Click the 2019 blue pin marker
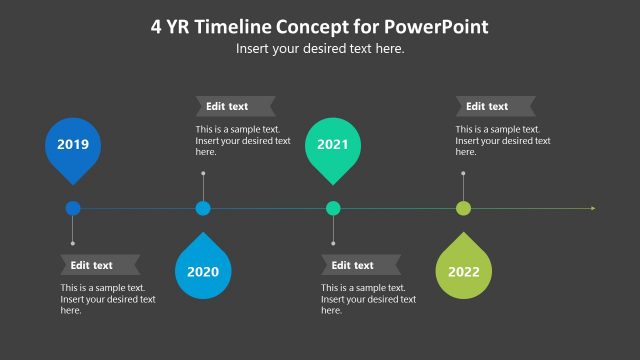click(73, 147)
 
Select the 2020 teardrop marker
click(203, 269)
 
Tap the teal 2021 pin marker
click(333, 147)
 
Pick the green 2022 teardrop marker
click(463, 269)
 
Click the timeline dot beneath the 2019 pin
click(73, 208)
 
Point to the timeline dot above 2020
click(203, 208)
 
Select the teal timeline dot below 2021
click(333, 208)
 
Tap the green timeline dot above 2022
click(463, 208)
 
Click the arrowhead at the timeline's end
click(593, 208)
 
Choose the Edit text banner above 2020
click(234, 106)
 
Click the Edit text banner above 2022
click(494, 106)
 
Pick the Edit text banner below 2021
click(360, 265)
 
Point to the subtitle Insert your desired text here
click(320, 48)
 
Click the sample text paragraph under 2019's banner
click(107, 299)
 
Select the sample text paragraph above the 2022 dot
click(503, 140)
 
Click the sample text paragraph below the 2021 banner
click(368, 299)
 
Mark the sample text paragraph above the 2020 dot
click(243, 140)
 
